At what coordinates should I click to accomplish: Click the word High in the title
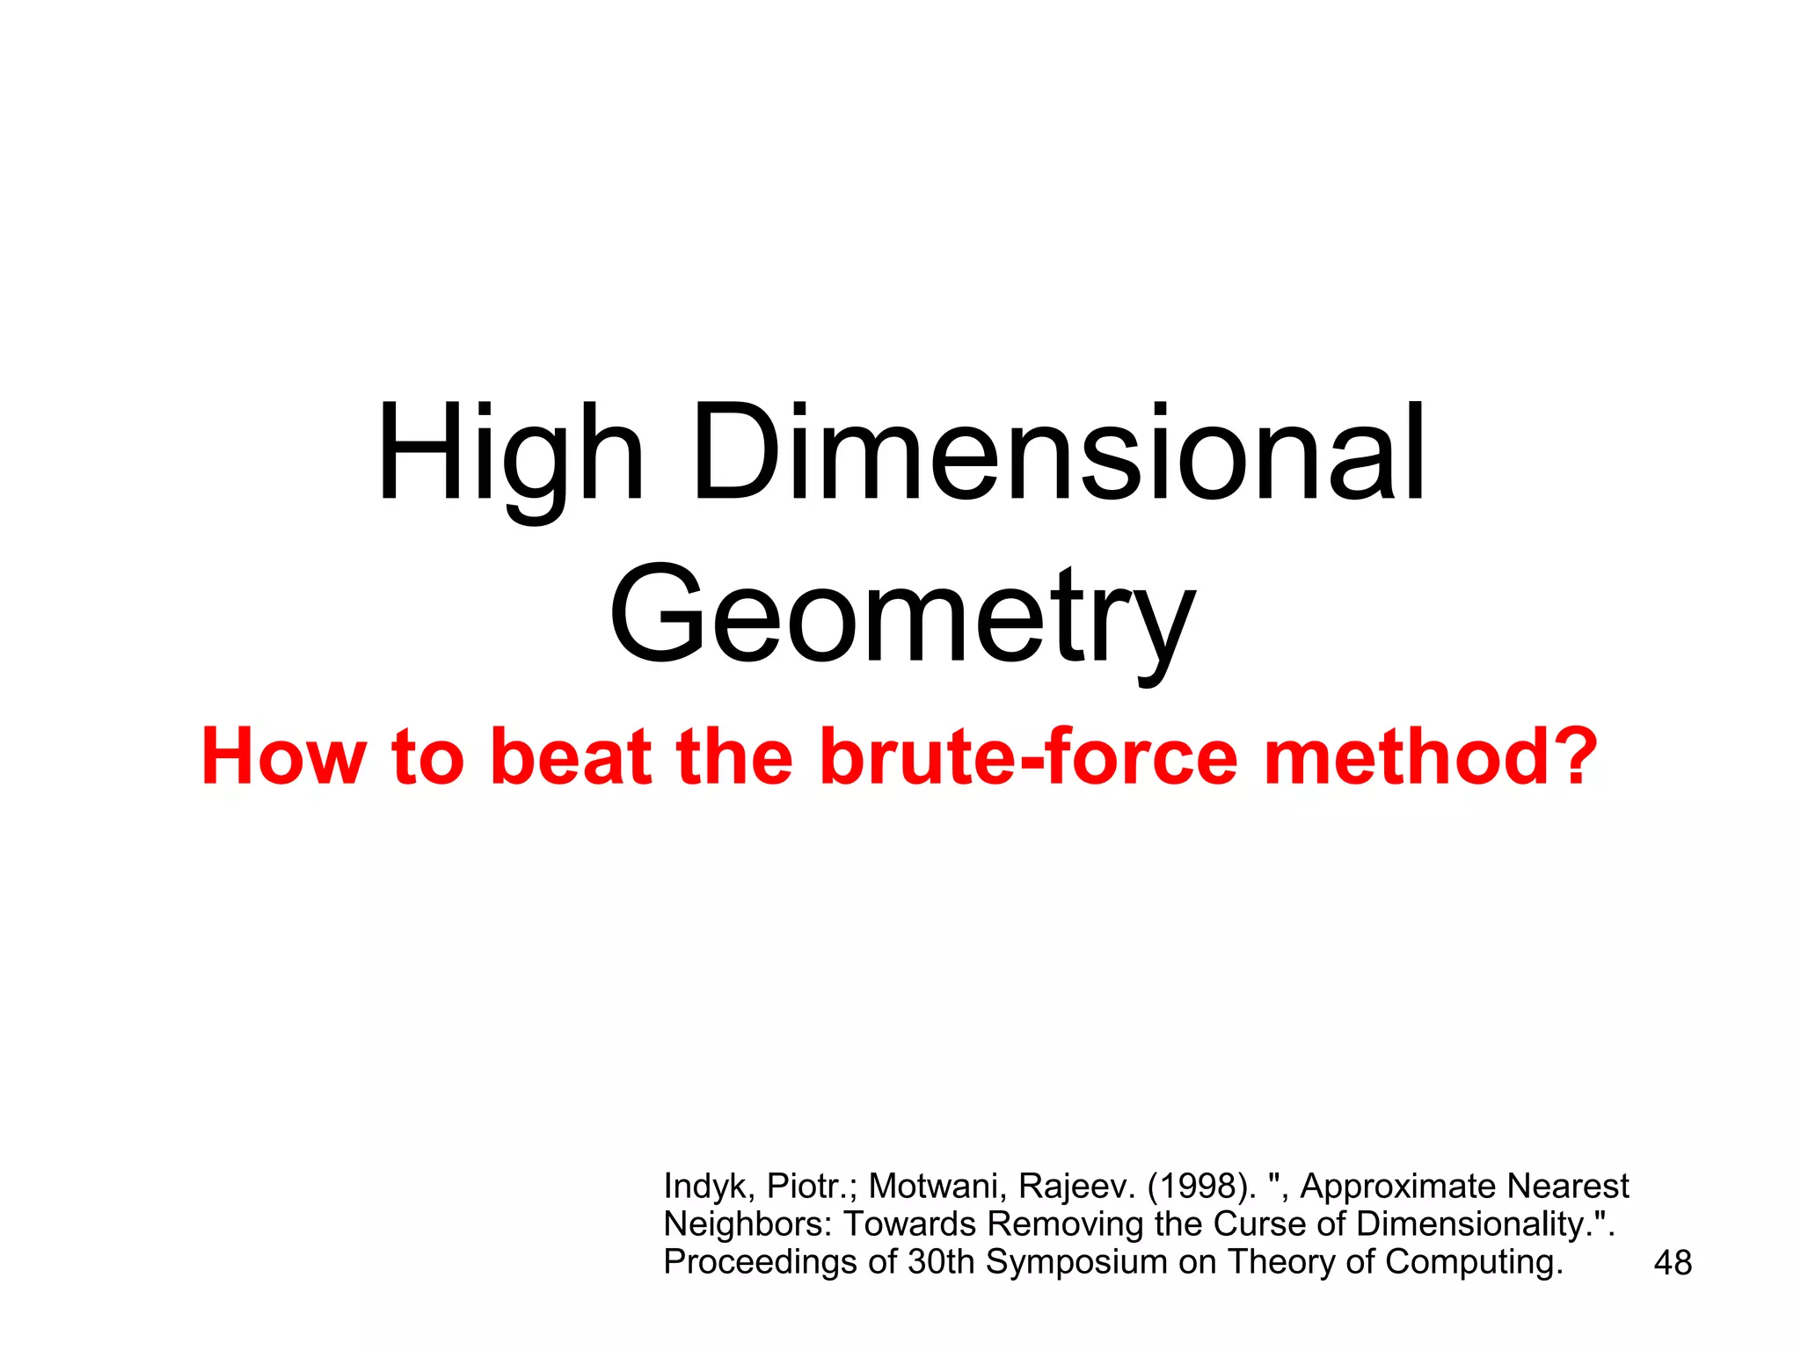[x=511, y=455]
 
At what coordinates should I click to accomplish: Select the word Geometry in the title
[x=901, y=616]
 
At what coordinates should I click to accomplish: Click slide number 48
[x=1672, y=1263]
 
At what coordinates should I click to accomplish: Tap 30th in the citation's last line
[x=941, y=1262]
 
